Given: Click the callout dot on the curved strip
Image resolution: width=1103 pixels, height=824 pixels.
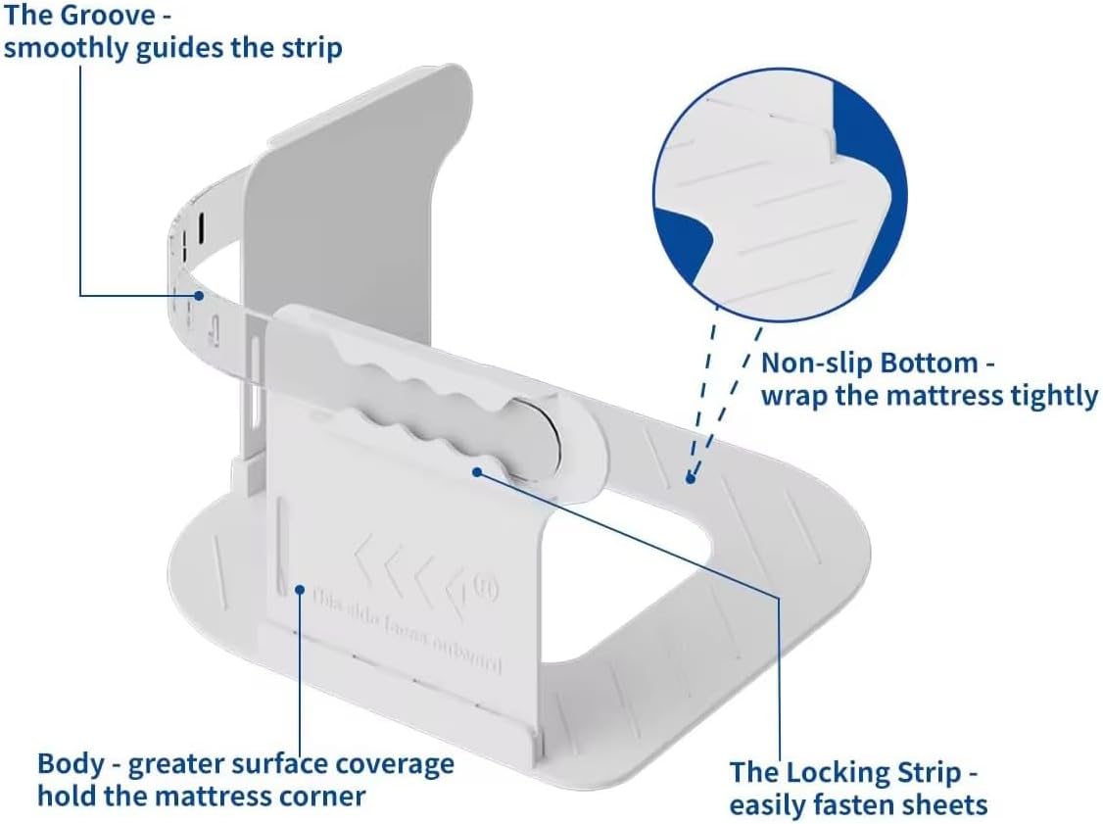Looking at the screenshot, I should pos(199,294).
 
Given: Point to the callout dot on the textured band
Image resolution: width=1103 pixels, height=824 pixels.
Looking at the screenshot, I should pos(692,478).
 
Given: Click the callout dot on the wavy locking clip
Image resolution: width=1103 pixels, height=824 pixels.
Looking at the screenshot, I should pos(476,471).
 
